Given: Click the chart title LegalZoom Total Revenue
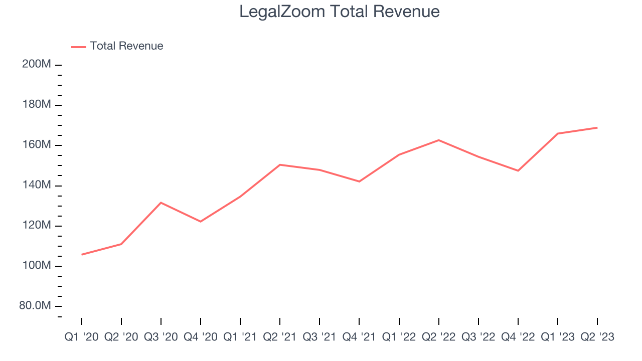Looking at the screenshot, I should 340,12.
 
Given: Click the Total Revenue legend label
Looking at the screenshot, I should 126,46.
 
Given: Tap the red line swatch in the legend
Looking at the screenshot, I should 79,47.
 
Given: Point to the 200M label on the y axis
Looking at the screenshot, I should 37,65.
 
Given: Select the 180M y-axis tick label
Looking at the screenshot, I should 37,105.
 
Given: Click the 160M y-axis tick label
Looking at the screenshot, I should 37,145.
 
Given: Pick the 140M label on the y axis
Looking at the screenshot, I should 37,186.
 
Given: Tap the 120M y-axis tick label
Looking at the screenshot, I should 37,226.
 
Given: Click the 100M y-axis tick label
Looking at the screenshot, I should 37,266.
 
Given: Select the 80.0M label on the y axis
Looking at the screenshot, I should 35,306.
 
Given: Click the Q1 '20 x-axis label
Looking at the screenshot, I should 81,337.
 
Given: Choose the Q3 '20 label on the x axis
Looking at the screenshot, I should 160,337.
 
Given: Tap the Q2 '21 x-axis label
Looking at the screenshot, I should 280,337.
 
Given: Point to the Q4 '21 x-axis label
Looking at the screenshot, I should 359,337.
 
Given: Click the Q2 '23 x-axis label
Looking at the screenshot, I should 597,337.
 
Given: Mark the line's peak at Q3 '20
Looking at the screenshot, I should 160,203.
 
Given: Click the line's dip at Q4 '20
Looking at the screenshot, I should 201,221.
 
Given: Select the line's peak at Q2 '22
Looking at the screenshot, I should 439,140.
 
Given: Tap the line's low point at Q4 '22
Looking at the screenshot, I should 518,170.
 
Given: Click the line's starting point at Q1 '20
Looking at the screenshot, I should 82,254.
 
